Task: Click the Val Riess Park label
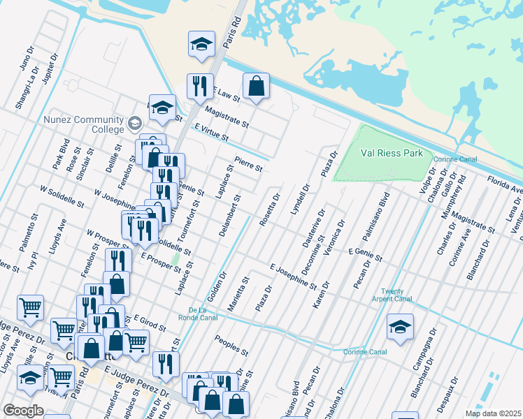pyautogui.click(x=392, y=153)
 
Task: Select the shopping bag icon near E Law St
pyautogui.click(x=257, y=86)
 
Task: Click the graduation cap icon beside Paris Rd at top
pyautogui.click(x=201, y=45)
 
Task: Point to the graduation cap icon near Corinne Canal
pyautogui.click(x=400, y=326)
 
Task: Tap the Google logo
pyautogui.click(x=23, y=411)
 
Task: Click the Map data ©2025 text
pyautogui.click(x=493, y=413)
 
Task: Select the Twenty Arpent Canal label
pyautogui.click(x=396, y=295)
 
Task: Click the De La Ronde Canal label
pyautogui.click(x=203, y=314)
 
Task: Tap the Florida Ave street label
pyautogui.click(x=504, y=184)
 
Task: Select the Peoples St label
pyautogui.click(x=232, y=345)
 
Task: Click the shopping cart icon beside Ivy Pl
pyautogui.click(x=30, y=307)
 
